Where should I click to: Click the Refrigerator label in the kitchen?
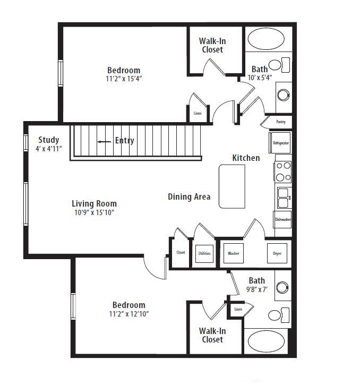coord(281,143)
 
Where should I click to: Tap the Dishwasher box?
coord(282,219)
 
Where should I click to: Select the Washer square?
coord(234,253)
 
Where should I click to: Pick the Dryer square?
coord(277,253)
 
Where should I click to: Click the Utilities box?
coord(204,254)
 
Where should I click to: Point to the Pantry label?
coord(281,122)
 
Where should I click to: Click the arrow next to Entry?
coord(104,142)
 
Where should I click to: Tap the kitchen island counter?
coord(232,186)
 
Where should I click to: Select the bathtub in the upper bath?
coord(266,39)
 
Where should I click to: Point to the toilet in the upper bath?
coord(279,65)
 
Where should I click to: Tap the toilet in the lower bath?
coord(279,315)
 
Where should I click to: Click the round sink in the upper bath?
coord(284,95)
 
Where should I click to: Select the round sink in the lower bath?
coord(282,287)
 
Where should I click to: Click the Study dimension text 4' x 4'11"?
coord(49,149)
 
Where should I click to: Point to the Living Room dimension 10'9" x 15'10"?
coord(95,212)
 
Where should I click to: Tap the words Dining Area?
coord(189,196)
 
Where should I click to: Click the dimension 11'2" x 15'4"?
coord(124,79)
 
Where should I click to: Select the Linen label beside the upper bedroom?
coord(198,113)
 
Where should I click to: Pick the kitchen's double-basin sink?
coord(284,198)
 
